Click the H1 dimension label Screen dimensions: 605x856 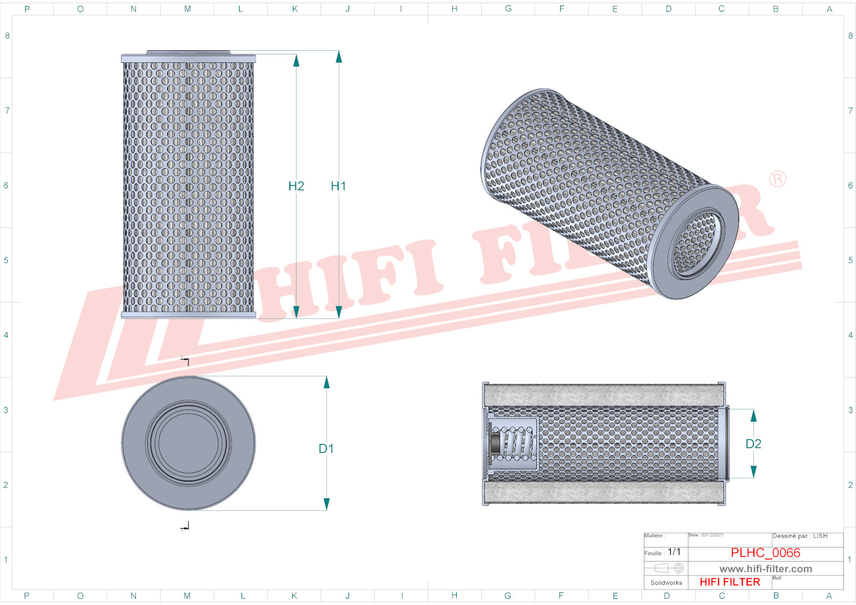click(x=338, y=186)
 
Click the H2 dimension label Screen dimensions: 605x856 click(x=296, y=186)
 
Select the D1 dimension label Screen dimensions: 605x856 click(x=326, y=449)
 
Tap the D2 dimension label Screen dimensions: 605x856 click(x=753, y=444)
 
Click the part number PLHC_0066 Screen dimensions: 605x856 click(x=765, y=552)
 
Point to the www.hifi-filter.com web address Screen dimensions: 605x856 click(x=766, y=569)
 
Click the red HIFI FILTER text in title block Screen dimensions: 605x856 click(x=729, y=582)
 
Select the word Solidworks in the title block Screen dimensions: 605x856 click(x=666, y=582)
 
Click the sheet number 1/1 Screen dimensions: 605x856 click(x=674, y=552)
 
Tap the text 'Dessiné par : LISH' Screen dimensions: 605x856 click(x=800, y=536)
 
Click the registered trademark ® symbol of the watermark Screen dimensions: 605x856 click(x=777, y=178)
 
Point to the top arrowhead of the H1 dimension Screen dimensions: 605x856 click(x=339, y=57)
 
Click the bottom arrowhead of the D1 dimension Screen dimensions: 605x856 click(x=327, y=504)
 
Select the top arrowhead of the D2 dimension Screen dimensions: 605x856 click(x=753, y=416)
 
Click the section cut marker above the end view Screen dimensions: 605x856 click(x=185, y=361)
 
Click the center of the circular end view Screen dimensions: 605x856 click(x=188, y=443)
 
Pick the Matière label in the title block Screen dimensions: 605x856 click(x=654, y=536)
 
